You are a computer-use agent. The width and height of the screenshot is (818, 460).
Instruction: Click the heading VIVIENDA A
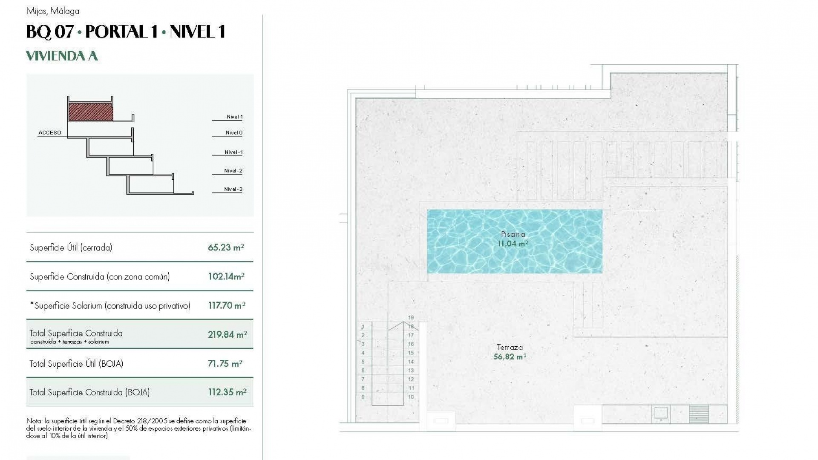[62, 56]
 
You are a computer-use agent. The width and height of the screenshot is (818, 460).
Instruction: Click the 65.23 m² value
[226, 247]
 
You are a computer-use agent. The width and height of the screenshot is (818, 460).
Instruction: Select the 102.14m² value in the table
[226, 276]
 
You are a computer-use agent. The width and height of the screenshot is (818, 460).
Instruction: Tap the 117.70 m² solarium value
[226, 305]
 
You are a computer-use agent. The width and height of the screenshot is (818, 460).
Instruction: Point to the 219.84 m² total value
[227, 335]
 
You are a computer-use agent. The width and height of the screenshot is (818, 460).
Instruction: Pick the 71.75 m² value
[225, 364]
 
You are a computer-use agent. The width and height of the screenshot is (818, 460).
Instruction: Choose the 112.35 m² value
[227, 392]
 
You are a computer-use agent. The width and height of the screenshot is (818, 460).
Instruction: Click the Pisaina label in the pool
[513, 234]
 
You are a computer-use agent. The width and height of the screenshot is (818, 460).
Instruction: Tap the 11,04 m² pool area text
[513, 244]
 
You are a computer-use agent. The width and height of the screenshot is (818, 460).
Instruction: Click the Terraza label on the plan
[510, 348]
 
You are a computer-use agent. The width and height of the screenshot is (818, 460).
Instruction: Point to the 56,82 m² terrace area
[510, 357]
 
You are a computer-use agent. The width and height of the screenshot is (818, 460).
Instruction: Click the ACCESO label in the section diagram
[50, 133]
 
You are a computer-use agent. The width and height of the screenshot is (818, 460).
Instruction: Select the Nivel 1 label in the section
[234, 117]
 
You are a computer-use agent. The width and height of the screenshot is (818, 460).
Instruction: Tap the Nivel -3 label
[233, 190]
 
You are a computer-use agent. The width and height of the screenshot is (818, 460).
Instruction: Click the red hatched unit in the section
[91, 112]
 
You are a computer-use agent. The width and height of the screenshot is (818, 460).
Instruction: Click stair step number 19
[411, 318]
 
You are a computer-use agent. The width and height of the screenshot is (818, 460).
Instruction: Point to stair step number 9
[363, 397]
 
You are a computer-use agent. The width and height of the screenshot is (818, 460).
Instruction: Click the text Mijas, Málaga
[52, 11]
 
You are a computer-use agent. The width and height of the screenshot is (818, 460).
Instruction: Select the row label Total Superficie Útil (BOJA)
[76, 364]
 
